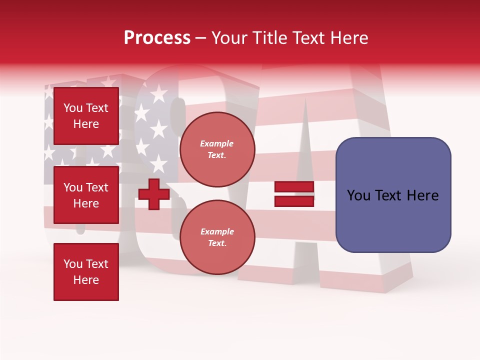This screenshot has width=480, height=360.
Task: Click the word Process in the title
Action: click(157, 38)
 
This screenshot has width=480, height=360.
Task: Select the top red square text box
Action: click(86, 116)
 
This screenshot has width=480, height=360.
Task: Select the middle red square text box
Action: click(86, 195)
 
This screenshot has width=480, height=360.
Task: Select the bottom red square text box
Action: click(86, 272)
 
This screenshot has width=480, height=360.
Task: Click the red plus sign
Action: click(153, 194)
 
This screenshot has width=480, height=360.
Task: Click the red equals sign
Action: click(294, 194)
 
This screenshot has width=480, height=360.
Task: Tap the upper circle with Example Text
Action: click(217, 149)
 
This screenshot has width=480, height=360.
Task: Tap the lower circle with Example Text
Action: click(217, 237)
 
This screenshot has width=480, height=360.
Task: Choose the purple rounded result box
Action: click(393, 195)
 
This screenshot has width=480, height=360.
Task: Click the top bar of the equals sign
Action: click(294, 187)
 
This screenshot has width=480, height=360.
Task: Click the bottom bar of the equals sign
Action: click(294, 201)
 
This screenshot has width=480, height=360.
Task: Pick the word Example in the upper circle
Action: click(217, 144)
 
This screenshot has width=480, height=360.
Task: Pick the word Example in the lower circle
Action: click(217, 232)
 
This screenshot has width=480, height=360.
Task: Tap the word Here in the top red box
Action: click(86, 124)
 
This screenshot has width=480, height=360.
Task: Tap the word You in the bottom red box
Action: click(73, 264)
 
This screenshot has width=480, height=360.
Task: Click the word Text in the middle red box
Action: click(96, 187)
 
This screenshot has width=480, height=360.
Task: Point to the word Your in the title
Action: click(229, 38)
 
